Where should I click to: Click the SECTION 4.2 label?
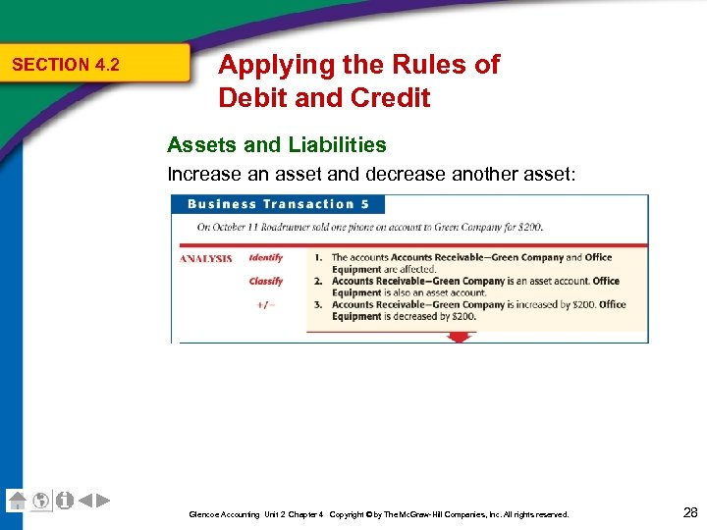65,65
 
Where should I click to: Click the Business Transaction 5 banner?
278,204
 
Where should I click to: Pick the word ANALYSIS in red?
205,259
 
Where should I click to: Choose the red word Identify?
266,258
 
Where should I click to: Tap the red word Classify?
266,282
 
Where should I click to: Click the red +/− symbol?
266,304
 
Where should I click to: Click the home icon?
17,500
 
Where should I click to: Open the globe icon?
41,500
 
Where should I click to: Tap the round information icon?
65,500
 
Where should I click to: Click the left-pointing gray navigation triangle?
85,501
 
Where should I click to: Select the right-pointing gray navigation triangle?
103,501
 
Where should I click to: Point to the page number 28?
689,511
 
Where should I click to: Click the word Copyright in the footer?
348,514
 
